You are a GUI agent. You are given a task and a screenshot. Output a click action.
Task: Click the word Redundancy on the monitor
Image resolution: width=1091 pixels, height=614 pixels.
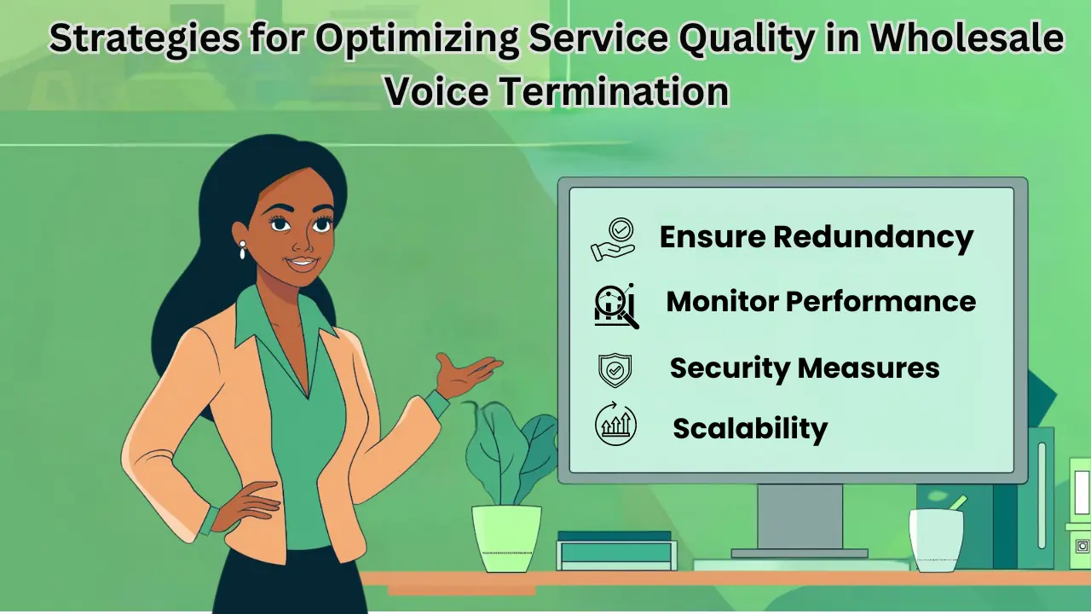tap(873, 237)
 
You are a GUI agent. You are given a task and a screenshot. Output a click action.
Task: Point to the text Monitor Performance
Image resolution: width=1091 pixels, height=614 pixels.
tap(820, 301)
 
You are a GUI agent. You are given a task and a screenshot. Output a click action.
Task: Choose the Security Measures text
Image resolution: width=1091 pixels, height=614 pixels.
tap(804, 368)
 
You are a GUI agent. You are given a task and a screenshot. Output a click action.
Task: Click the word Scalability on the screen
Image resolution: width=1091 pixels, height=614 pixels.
tap(750, 427)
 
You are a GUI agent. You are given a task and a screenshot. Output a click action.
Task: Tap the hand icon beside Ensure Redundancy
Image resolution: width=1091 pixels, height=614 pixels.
tap(614, 240)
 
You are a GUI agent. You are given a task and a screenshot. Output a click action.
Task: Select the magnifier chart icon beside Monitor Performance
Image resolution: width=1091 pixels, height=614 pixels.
tap(615, 305)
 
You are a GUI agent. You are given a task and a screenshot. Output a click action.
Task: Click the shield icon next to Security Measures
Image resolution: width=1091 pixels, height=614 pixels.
tap(615, 369)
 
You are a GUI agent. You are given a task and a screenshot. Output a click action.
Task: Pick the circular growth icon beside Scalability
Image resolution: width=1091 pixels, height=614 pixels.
tap(615, 426)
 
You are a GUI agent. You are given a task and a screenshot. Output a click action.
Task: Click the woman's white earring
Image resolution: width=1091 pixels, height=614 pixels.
tap(242, 250)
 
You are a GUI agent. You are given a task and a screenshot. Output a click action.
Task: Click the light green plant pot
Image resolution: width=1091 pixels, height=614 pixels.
tap(506, 536)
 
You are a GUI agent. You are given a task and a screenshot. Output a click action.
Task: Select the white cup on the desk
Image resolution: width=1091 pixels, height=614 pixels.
tap(935, 539)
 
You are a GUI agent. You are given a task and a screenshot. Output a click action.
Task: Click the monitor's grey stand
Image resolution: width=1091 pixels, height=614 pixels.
tap(799, 520)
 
